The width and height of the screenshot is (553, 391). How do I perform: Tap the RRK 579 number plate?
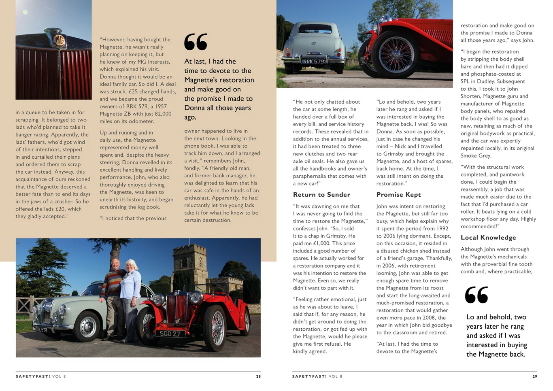[313, 62]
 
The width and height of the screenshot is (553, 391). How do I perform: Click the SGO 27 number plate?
[170, 334]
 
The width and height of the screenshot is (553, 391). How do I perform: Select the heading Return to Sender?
[321, 195]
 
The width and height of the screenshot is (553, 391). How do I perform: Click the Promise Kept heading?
[398, 195]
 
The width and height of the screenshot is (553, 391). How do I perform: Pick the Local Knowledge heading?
[488, 238]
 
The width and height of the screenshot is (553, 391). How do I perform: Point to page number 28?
[258, 376]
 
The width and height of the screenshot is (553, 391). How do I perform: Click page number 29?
[535, 376]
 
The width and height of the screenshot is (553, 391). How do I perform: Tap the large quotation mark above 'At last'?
[196, 42]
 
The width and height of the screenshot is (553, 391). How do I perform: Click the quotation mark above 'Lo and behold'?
[476, 295]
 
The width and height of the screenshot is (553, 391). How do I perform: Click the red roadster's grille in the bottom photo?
[177, 310]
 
